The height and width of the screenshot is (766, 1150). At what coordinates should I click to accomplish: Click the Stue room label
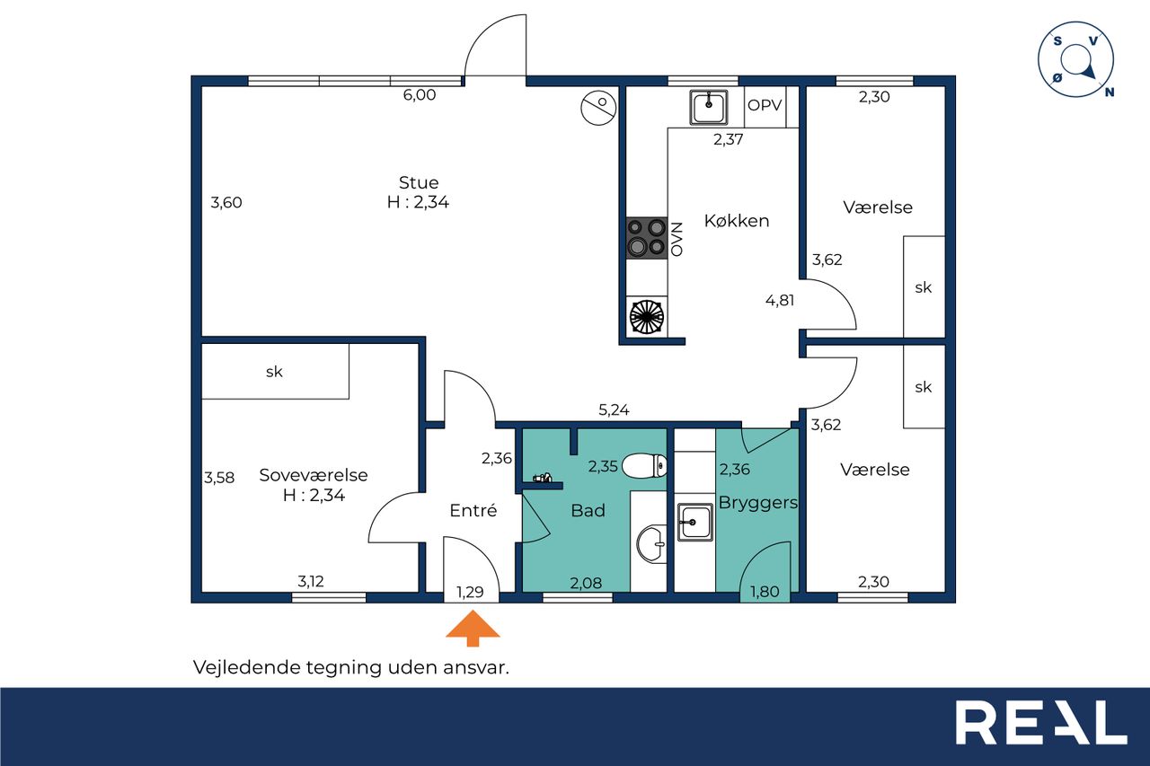[419, 182]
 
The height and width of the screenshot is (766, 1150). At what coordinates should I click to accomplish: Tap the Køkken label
[737, 221]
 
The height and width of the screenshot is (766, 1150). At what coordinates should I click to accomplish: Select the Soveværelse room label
[314, 475]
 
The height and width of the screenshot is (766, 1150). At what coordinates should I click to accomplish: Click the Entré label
[473, 510]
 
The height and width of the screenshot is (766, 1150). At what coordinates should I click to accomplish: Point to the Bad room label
[588, 510]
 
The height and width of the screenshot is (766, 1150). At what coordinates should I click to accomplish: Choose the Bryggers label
[758, 503]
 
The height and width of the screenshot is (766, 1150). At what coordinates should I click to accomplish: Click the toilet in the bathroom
[644, 466]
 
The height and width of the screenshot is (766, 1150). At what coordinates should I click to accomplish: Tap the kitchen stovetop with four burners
[647, 238]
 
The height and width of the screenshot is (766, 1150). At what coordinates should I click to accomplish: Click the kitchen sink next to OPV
[709, 107]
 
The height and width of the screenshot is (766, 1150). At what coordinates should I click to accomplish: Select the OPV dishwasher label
[765, 105]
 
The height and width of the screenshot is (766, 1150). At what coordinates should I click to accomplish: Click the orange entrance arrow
[473, 628]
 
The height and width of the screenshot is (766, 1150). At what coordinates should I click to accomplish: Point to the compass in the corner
[1076, 59]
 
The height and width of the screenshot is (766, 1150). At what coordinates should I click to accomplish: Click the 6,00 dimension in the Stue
[420, 95]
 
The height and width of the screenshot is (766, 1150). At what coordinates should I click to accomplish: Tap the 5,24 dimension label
[614, 409]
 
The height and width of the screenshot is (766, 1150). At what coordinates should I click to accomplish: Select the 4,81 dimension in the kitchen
[780, 300]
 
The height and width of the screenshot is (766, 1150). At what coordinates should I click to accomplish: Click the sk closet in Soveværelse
[275, 371]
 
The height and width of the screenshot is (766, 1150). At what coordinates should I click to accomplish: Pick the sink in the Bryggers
[695, 523]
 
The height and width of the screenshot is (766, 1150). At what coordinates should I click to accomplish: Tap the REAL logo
[1040, 723]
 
